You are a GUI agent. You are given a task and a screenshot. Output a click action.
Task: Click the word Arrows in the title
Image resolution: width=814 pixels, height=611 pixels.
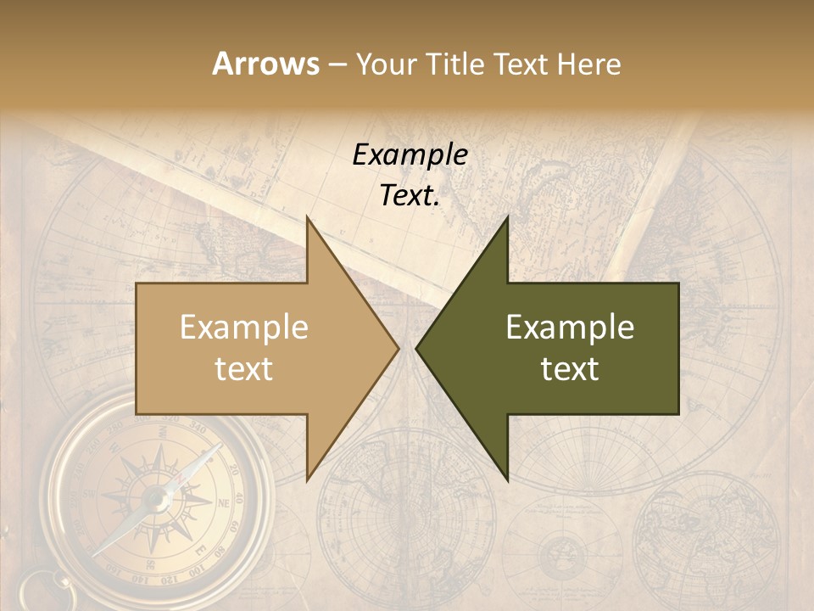(265, 64)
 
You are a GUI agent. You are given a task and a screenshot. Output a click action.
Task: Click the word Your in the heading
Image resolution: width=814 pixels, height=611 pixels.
(387, 64)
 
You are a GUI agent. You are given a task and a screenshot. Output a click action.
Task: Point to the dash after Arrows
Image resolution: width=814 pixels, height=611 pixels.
(337, 64)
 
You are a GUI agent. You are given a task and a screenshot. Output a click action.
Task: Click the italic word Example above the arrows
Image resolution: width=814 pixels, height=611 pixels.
(410, 154)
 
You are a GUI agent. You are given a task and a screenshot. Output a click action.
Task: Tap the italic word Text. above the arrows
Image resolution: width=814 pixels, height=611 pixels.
(410, 195)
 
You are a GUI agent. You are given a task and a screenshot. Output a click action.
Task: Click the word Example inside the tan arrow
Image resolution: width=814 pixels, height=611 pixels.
(243, 327)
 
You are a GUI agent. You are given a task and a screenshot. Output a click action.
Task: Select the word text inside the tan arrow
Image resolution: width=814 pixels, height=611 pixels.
(243, 368)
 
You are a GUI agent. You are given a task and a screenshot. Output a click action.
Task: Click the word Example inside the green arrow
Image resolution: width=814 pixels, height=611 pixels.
(570, 327)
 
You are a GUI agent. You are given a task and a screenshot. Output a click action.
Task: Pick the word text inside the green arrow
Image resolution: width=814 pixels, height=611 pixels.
(570, 368)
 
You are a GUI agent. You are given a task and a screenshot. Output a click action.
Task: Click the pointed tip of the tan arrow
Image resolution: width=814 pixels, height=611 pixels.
(398, 348)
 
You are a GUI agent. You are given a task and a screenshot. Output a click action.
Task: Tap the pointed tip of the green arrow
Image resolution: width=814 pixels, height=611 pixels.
(417, 348)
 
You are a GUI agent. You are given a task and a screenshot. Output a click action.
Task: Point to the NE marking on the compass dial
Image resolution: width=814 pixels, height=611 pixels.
(224, 503)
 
